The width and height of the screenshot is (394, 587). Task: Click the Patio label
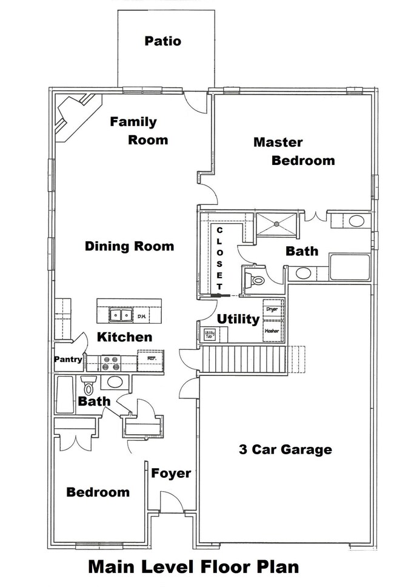pos(162,41)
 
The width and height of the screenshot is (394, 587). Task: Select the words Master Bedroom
pos(293,152)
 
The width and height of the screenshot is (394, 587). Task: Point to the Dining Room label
pos(129,246)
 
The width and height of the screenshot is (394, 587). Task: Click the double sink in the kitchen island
pos(120,315)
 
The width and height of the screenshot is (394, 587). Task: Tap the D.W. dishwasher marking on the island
pos(141,316)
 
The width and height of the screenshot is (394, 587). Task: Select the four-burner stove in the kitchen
pos(111,363)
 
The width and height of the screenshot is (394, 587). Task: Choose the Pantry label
pos(68,360)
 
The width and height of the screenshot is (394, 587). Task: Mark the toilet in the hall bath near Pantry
pos(89,384)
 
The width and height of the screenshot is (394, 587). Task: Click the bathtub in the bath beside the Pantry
pos(65,395)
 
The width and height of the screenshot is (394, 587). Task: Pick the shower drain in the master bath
pos(276,224)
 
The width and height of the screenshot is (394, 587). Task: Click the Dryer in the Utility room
pos(273,310)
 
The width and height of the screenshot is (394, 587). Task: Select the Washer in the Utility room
pos(273,331)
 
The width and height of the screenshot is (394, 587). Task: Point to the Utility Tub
pos(210,334)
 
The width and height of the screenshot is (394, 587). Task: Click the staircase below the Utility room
pos(242,359)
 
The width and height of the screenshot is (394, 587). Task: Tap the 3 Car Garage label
pos(284,449)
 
